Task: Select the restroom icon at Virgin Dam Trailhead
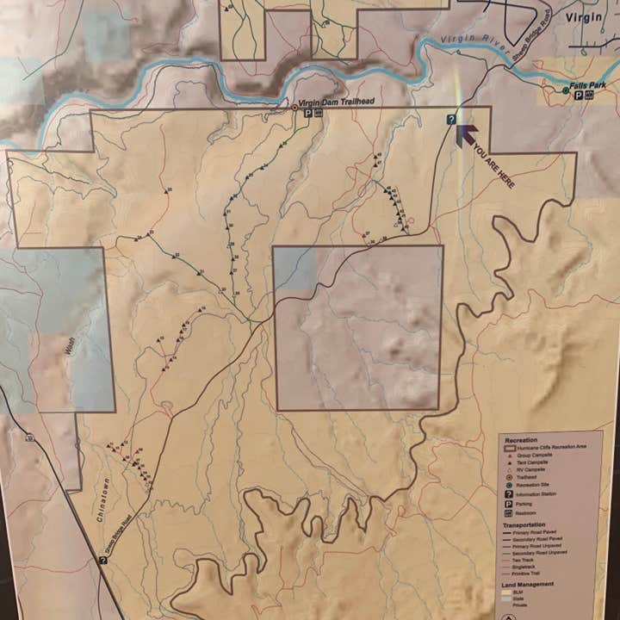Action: coord(318,113)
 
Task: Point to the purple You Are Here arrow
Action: coord(465,133)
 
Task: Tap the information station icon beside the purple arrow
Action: coord(451,120)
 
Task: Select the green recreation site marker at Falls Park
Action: coord(566,90)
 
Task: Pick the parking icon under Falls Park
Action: coord(579,96)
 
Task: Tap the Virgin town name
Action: coord(586,16)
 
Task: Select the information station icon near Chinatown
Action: coord(103,560)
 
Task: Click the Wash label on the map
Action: coord(66,347)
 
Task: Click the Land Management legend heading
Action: coord(530,585)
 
